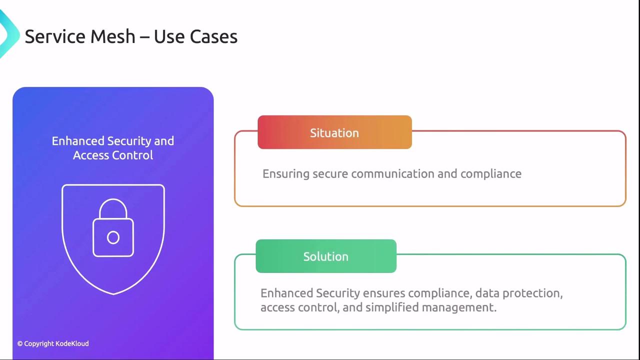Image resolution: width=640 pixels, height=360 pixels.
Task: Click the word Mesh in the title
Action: tap(112, 36)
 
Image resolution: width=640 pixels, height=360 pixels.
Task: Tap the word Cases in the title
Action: tap(213, 36)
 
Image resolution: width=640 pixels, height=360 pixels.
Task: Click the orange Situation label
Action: tap(334, 132)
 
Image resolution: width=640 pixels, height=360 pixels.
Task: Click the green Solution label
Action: tap(326, 256)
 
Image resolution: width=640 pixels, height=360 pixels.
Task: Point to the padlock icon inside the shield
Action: tap(113, 227)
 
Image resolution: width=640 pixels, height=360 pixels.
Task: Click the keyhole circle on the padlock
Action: tap(113, 237)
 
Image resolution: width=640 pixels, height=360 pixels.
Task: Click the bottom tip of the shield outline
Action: tap(113, 294)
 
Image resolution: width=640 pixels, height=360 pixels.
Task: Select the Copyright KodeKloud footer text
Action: tap(53, 343)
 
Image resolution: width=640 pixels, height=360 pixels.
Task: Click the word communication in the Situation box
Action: tap(393, 173)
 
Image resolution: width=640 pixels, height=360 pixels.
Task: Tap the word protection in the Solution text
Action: tap(532, 293)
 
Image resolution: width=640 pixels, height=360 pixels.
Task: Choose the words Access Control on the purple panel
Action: tap(113, 155)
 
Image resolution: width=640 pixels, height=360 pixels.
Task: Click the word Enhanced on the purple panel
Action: tap(78, 141)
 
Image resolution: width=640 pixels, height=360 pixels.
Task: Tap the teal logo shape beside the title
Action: tap(8, 34)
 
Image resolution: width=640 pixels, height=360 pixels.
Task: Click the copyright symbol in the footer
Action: tap(19, 343)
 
